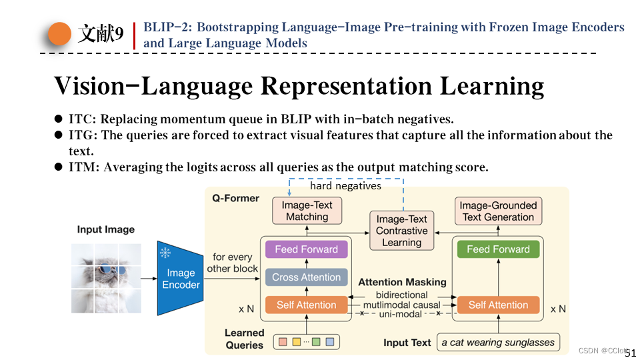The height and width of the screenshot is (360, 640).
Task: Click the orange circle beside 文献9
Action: (60, 33)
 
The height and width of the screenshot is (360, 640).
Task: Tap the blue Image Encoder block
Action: (179, 279)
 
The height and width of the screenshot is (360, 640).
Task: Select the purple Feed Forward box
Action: (306, 249)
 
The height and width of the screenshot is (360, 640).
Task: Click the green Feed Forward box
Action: (498, 249)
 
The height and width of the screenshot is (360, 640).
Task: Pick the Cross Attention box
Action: (306, 277)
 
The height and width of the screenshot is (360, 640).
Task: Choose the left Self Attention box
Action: (306, 305)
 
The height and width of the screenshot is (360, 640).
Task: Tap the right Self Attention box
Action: (498, 305)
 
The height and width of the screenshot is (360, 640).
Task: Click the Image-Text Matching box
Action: (307, 211)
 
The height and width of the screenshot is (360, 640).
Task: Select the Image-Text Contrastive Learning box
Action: (401, 231)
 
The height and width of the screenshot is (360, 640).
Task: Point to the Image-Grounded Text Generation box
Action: (498, 211)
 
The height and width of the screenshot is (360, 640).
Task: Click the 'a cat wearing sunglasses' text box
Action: (498, 343)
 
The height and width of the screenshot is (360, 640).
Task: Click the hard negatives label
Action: (345, 186)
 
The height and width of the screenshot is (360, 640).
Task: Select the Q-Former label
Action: (235, 198)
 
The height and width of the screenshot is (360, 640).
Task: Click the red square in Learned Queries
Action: (282, 343)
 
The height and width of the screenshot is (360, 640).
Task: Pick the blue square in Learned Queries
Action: (329, 343)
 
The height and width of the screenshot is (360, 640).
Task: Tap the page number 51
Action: (631, 353)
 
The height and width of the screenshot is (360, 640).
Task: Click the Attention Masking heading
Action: (402, 282)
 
